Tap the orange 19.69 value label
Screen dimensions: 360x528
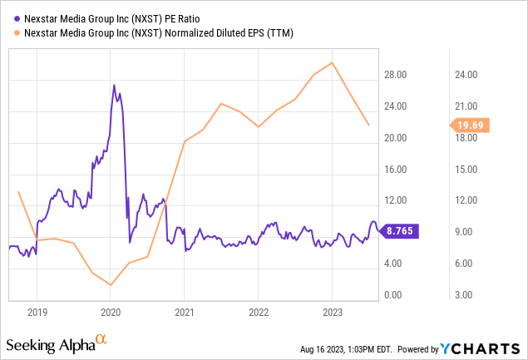pyautogui.click(x=471, y=126)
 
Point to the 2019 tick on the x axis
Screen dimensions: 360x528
pyautogui.click(x=37, y=311)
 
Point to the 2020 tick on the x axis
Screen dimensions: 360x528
pyautogui.click(x=111, y=311)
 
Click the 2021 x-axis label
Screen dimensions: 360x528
pyautogui.click(x=185, y=311)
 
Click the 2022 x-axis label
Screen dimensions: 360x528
pyautogui.click(x=258, y=311)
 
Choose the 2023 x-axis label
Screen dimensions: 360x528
pyautogui.click(x=332, y=311)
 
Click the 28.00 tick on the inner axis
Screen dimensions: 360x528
pyautogui.click(x=396, y=75)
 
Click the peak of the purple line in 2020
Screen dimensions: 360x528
pyautogui.click(x=114, y=86)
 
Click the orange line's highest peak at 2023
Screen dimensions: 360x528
pyautogui.click(x=333, y=62)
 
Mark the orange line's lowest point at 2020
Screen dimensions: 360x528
pyautogui.click(x=111, y=284)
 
